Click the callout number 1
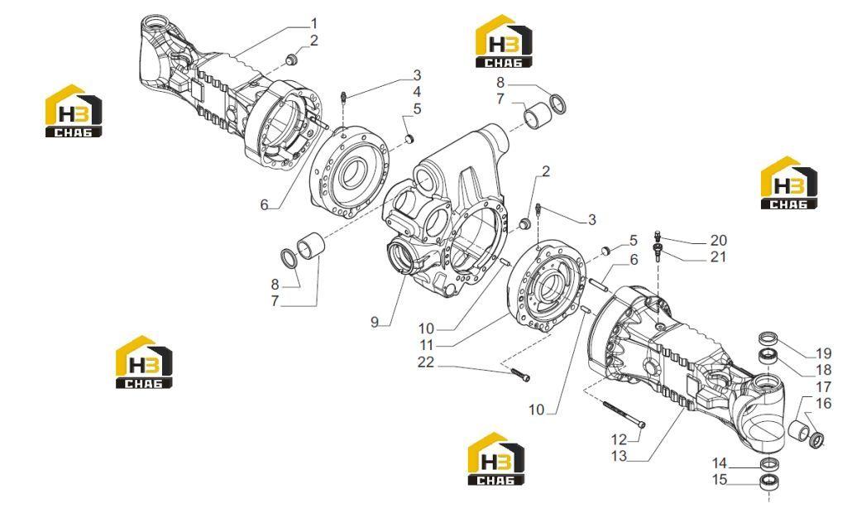tap(313, 24)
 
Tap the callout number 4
tap(417, 92)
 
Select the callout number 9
tap(375, 323)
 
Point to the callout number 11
tap(427, 344)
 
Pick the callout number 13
tap(619, 456)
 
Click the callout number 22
tap(426, 362)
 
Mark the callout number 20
tap(719, 240)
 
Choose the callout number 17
tap(823, 387)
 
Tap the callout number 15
tap(720, 480)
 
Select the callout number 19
tap(823, 354)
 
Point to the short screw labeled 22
tap(519, 373)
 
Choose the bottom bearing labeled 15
tap(769, 481)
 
